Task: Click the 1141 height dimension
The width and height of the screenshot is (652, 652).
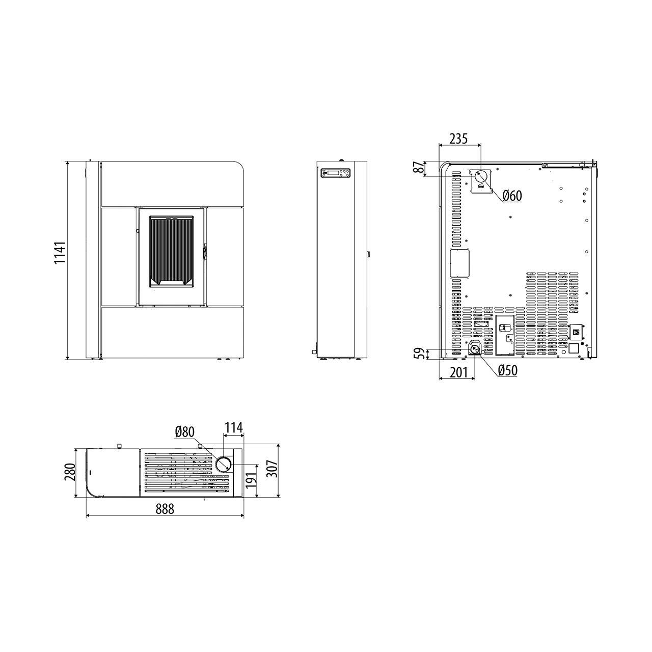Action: [60, 253]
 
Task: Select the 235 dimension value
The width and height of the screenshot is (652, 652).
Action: [458, 139]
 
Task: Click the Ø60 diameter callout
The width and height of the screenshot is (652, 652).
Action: [512, 196]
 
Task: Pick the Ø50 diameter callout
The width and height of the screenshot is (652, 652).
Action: [508, 370]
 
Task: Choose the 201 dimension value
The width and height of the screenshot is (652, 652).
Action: [458, 372]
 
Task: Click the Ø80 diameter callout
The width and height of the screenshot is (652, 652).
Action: [185, 432]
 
